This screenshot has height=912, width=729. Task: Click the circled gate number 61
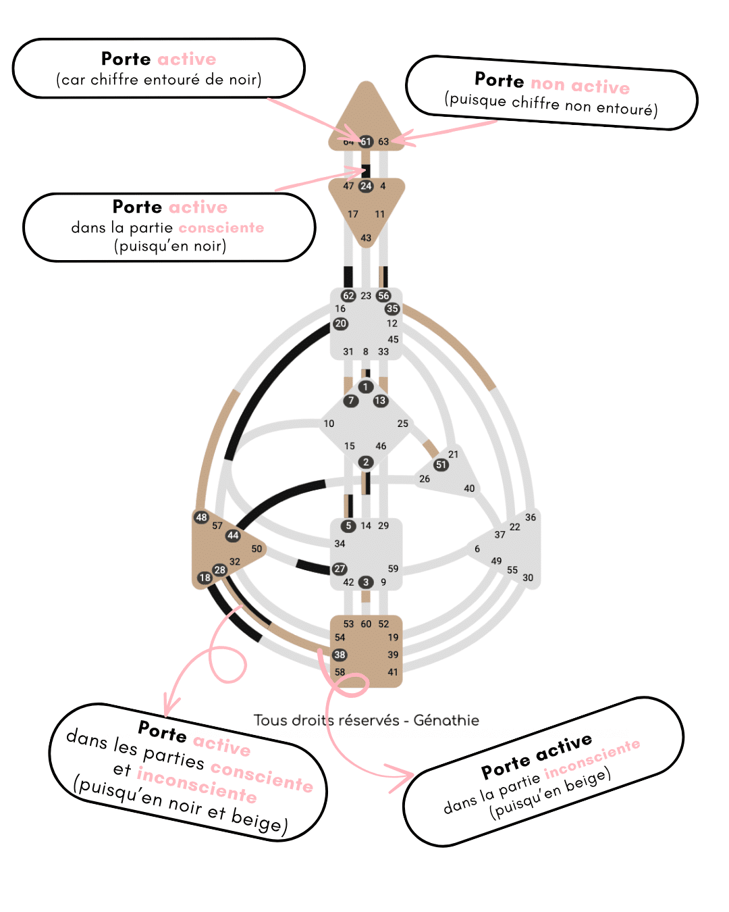point(366,141)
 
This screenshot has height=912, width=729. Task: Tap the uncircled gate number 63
point(383,142)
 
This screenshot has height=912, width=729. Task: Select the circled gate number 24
point(366,186)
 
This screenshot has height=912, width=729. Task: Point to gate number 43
point(366,238)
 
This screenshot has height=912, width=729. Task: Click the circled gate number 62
point(348,296)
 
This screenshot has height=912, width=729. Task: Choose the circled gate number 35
point(392,309)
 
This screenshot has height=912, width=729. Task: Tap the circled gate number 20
point(340,324)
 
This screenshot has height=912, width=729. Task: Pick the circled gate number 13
point(381,401)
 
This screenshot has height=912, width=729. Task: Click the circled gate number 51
point(441,465)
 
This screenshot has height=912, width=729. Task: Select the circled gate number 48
point(201,517)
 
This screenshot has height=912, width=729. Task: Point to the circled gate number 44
point(233,536)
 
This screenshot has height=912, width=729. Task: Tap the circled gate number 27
point(340,569)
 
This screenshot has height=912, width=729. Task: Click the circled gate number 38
point(340,655)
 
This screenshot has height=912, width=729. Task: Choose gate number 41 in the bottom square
point(393,672)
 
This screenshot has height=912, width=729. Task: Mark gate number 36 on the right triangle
point(531,517)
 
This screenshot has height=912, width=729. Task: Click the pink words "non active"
point(580,86)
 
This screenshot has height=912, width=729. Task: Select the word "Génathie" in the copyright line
point(446,720)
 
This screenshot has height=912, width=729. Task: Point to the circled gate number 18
point(205,578)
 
